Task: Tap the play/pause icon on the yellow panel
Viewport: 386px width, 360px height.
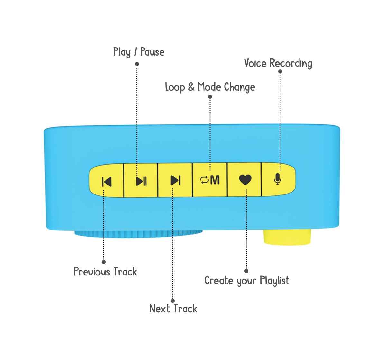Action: tap(141, 181)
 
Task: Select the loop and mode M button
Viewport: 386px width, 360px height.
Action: tap(210, 180)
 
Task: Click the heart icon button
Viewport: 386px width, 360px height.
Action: tap(245, 180)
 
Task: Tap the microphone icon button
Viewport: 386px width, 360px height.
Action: tap(277, 179)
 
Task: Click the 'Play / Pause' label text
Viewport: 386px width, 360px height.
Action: tap(139, 52)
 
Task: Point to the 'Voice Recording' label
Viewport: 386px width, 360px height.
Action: tap(278, 63)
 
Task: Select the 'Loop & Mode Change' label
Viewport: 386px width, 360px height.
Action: tap(210, 87)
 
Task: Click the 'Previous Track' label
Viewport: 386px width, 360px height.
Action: tap(105, 272)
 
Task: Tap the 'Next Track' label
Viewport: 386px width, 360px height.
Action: tap(173, 309)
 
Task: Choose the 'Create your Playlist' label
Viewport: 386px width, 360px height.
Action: tap(247, 281)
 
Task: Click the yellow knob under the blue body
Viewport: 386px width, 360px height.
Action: tap(287, 237)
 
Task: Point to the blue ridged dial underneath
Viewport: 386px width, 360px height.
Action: tap(138, 234)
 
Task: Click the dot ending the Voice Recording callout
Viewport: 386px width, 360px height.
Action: tap(280, 72)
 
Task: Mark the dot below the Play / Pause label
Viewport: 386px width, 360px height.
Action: tap(137, 64)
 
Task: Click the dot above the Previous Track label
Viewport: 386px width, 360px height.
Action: tap(104, 262)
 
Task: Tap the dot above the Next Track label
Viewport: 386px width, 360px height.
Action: tap(173, 301)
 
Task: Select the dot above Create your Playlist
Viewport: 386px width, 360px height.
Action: tap(246, 271)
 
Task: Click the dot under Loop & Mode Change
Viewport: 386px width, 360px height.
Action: tap(210, 97)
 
